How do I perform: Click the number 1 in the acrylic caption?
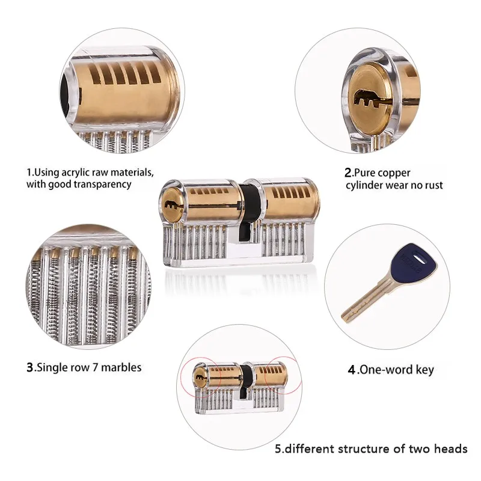click(x=28, y=173)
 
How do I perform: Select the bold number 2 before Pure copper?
click(x=348, y=173)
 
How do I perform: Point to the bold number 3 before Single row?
click(x=30, y=367)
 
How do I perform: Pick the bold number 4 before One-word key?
click(x=352, y=370)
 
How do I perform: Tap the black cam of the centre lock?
click(x=251, y=207)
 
